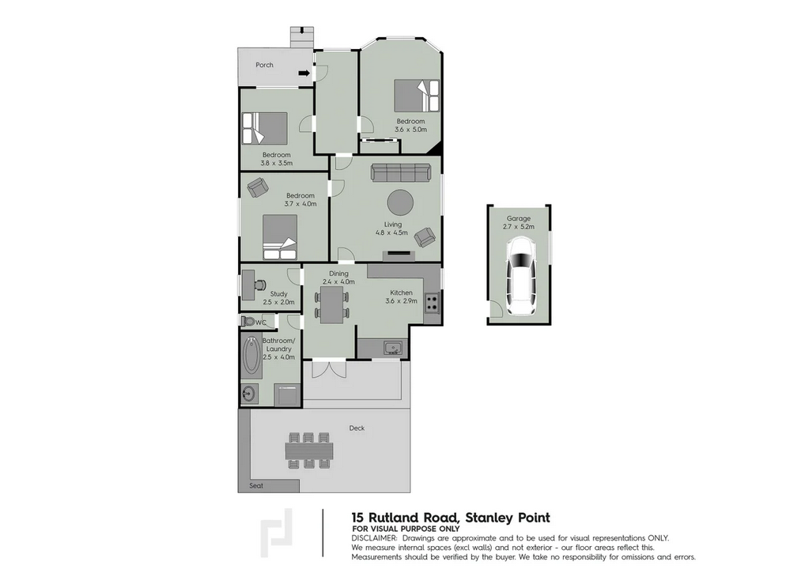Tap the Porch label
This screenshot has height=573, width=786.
264,65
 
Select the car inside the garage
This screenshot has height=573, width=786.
519,277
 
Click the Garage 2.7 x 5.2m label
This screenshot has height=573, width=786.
519,222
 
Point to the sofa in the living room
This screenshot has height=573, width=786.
401,173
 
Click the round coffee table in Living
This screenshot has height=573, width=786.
399,202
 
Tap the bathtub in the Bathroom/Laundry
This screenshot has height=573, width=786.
252,358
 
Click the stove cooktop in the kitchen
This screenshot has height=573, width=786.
432,302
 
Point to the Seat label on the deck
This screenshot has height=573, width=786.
256,485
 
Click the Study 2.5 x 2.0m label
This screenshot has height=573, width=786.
278,297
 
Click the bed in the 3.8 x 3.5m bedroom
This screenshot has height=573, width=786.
264,126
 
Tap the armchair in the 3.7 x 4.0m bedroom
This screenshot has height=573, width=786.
257,188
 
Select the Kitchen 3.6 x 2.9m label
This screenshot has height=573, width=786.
400,297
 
